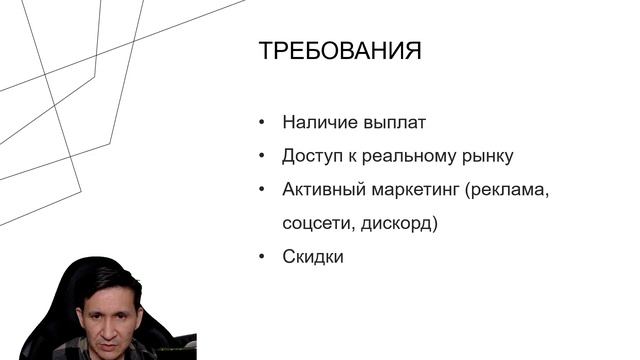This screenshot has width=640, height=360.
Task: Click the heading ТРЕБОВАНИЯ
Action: click(x=339, y=51)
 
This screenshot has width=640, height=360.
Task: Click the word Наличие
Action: click(x=317, y=123)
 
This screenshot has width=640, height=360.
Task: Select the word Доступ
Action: click(x=315, y=156)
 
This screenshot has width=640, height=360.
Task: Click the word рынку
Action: click(x=489, y=157)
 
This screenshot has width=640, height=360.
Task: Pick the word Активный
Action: click(x=321, y=190)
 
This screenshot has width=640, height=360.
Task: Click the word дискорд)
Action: click(x=400, y=223)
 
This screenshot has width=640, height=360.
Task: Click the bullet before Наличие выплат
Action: click(x=262, y=123)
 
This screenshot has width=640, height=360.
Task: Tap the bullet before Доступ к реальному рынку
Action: click(x=262, y=156)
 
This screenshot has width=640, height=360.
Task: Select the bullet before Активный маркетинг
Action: click(x=262, y=190)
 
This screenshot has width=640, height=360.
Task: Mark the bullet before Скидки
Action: click(x=262, y=256)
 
